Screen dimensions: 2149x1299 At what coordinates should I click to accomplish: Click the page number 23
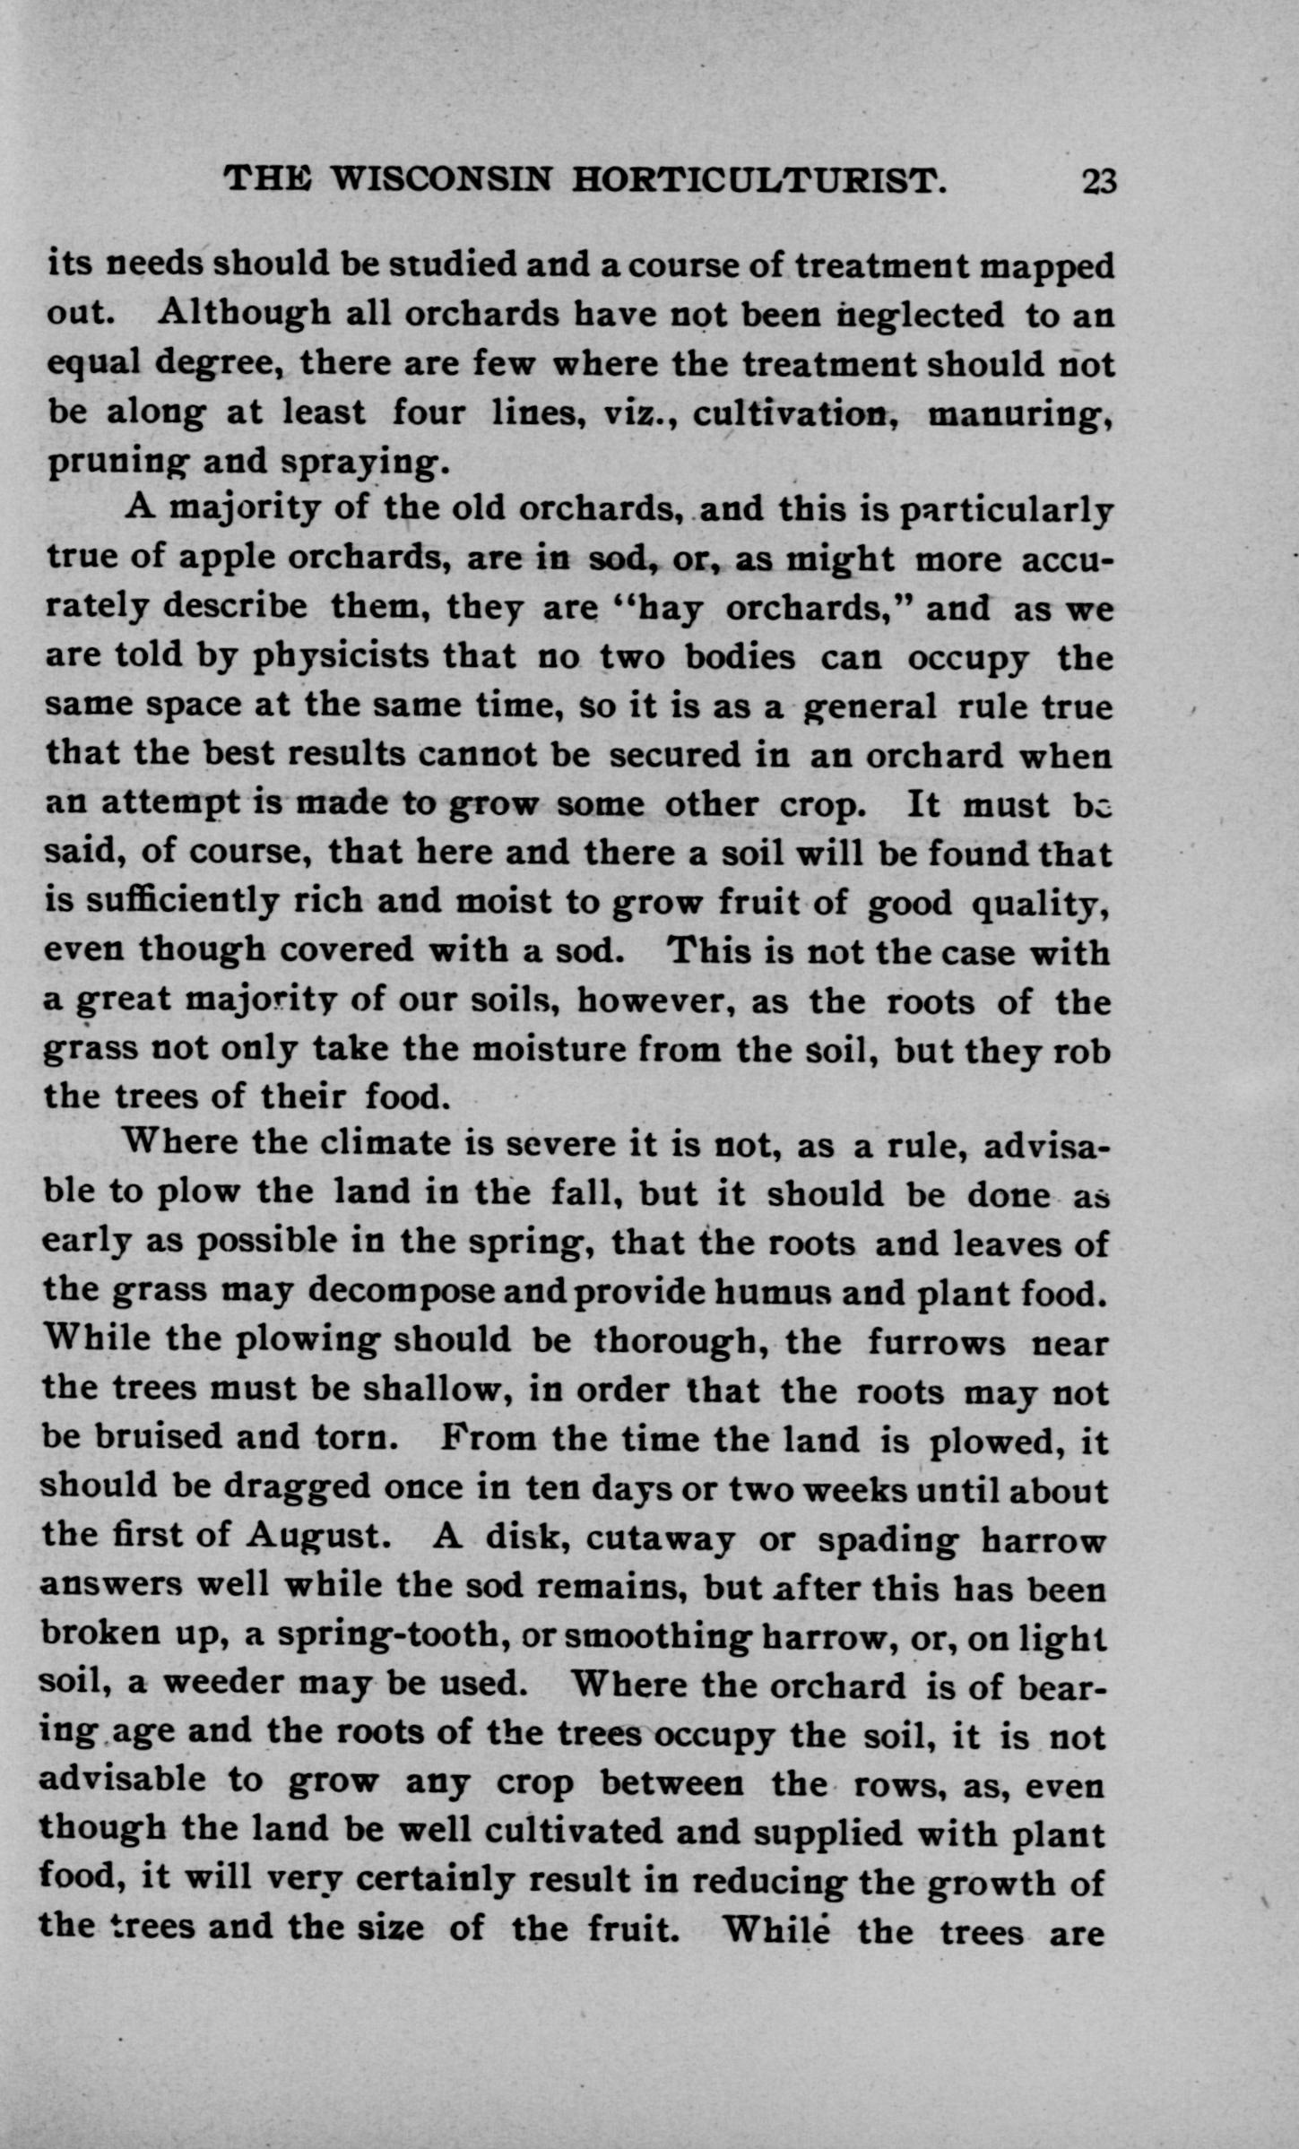1098,182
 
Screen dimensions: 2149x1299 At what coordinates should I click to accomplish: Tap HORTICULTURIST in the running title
760,181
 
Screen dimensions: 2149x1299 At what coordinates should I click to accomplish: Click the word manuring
1019,413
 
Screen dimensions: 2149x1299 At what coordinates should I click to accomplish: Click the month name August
316,1537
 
